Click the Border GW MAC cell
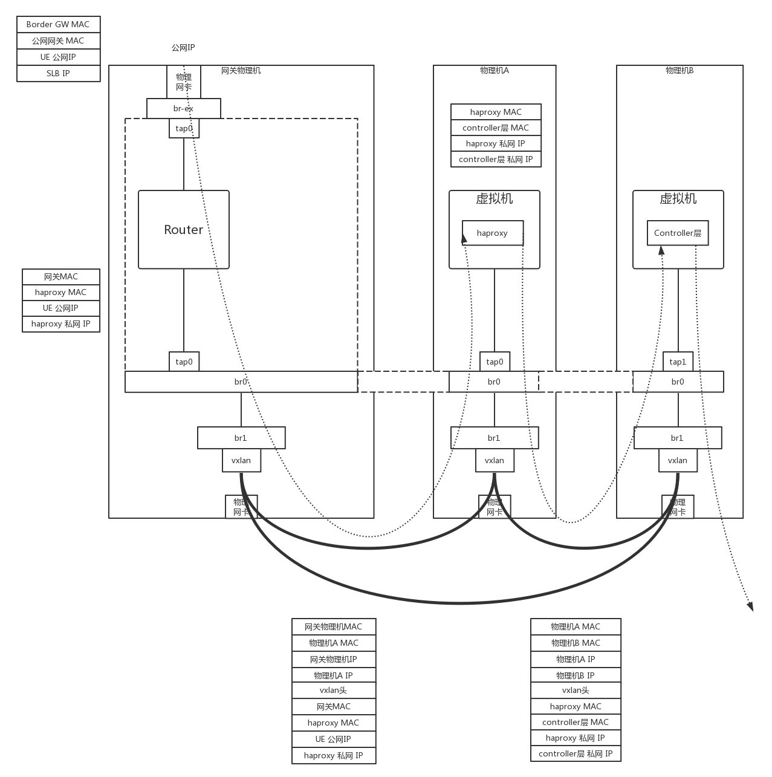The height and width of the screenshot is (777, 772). click(x=58, y=25)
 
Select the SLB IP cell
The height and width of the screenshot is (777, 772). click(x=58, y=73)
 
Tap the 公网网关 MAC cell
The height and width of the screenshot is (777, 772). click(x=58, y=41)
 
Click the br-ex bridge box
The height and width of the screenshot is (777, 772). click(x=183, y=109)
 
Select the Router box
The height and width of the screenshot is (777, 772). click(x=183, y=230)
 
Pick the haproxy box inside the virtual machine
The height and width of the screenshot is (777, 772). click(x=492, y=233)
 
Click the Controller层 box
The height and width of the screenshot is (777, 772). click(x=677, y=233)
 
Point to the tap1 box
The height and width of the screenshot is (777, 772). click(x=678, y=362)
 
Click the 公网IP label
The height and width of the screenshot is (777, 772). click(x=183, y=48)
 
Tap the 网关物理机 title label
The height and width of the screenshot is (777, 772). click(x=241, y=71)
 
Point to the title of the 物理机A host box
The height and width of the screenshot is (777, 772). click(x=494, y=71)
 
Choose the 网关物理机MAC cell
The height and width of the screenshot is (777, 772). click(x=333, y=627)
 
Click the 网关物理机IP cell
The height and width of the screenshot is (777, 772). click(x=333, y=660)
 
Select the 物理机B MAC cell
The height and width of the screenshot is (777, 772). click(x=576, y=643)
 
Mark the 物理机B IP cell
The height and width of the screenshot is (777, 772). click(x=576, y=676)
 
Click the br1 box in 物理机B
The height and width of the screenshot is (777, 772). click(x=677, y=438)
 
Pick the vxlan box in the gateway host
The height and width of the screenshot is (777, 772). click(x=241, y=461)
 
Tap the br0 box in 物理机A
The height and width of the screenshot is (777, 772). click(x=494, y=382)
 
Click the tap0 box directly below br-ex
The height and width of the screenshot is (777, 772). click(x=184, y=129)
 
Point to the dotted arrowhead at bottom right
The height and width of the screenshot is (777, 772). click(x=750, y=606)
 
